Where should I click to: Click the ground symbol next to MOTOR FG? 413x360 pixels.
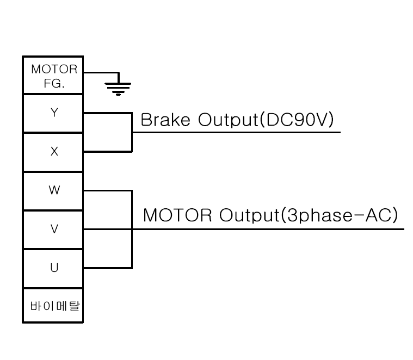pos(118,89)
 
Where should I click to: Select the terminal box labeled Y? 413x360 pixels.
pos(53,113)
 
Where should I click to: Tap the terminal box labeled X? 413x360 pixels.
pos(53,152)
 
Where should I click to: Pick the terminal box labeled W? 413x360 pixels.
pos(53,190)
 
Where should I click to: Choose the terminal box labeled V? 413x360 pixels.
pos(53,229)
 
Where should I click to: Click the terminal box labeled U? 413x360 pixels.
pos(53,268)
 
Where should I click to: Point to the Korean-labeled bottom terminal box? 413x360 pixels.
pos(53,305)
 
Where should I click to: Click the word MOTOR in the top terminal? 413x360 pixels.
pos(54,69)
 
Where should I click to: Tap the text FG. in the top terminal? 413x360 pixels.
pos(54,83)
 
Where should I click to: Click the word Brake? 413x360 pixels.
pos(165,120)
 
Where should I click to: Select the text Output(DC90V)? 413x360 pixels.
pos(266,120)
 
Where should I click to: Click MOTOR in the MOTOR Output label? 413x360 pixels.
pos(177,215)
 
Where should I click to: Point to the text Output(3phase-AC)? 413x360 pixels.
pos(309,215)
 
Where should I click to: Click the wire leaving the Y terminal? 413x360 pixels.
pos(107,113)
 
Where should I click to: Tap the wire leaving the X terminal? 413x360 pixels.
pos(107,152)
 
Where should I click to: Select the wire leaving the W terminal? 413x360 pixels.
pos(107,191)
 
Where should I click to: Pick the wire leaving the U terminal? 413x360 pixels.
pos(107,268)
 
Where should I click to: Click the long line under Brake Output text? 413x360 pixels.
pos(236,132)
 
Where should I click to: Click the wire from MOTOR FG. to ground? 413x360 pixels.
pos(101,72)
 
